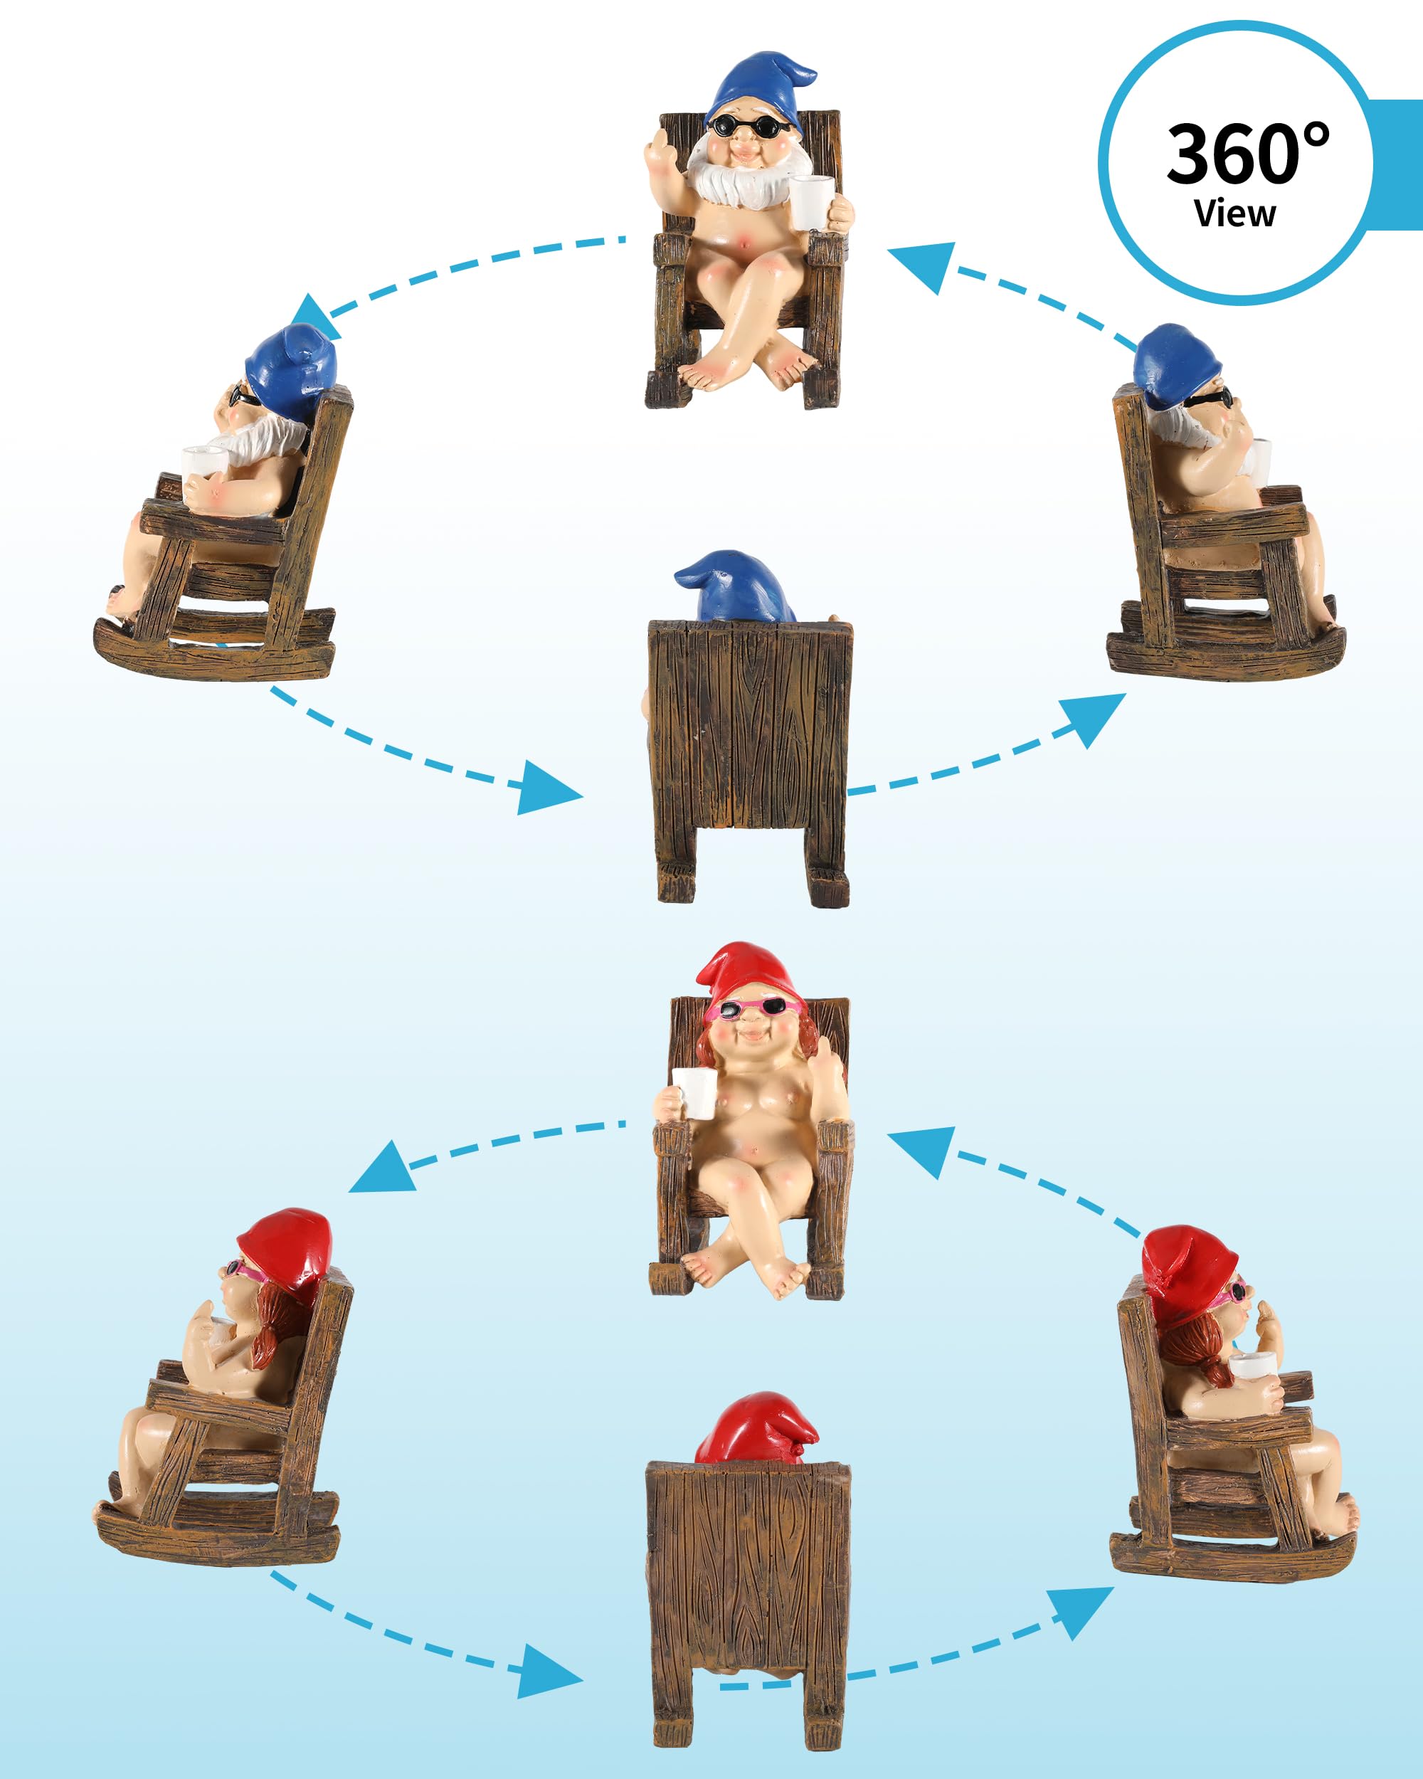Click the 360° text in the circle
(1247, 154)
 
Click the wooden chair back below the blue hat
(751, 726)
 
